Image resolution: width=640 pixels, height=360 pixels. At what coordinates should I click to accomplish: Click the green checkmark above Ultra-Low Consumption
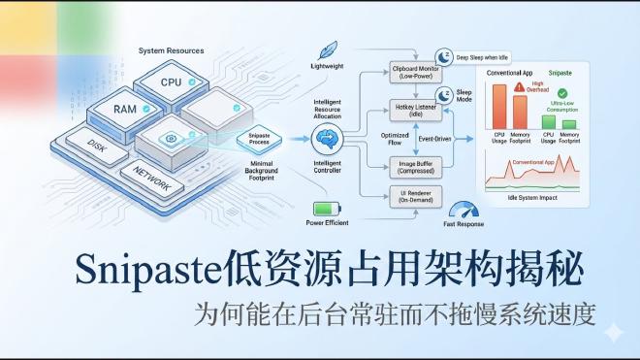(x=562, y=93)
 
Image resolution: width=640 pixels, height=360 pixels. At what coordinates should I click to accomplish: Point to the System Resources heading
(x=171, y=50)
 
